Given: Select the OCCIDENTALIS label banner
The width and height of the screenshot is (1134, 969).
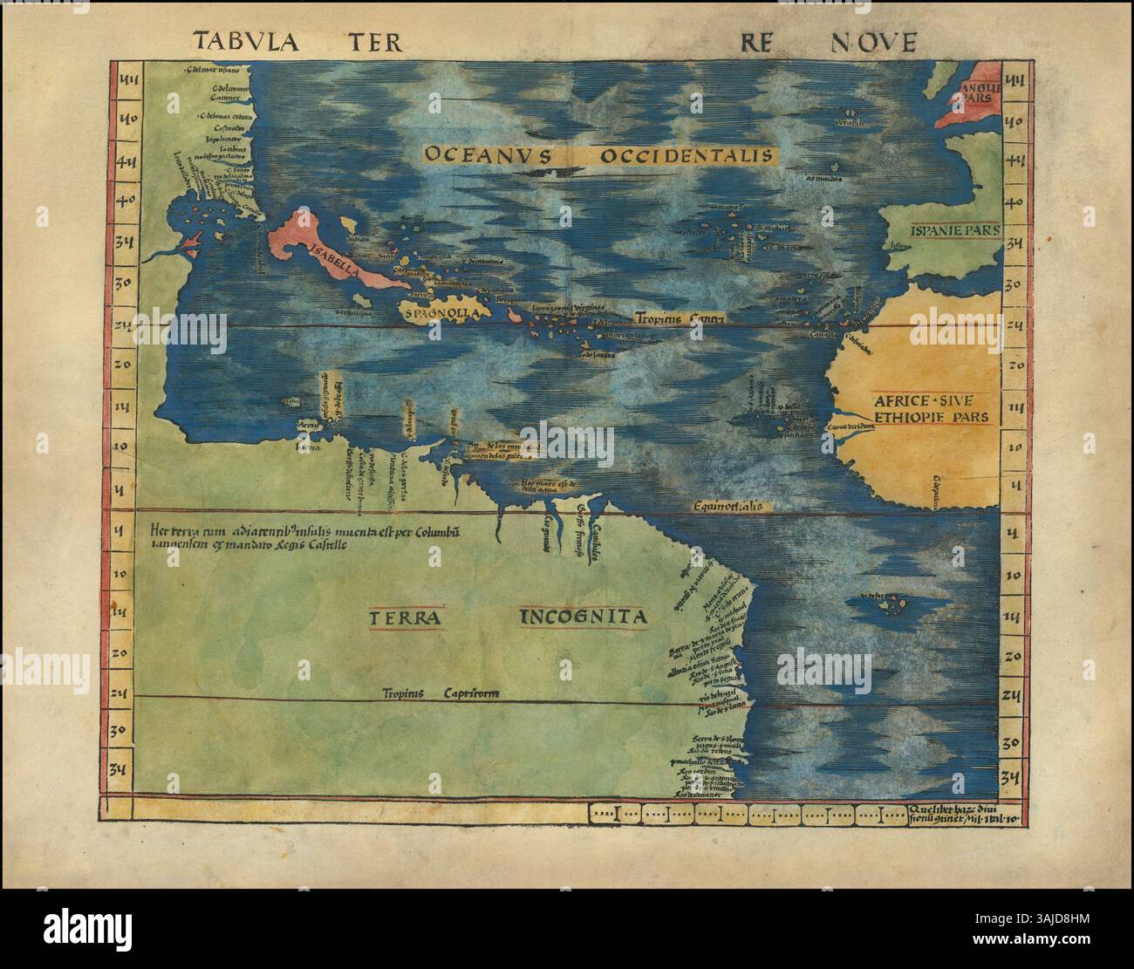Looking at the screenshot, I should click(687, 155).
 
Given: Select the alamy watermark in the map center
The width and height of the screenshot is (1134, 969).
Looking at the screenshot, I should click(567, 438).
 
